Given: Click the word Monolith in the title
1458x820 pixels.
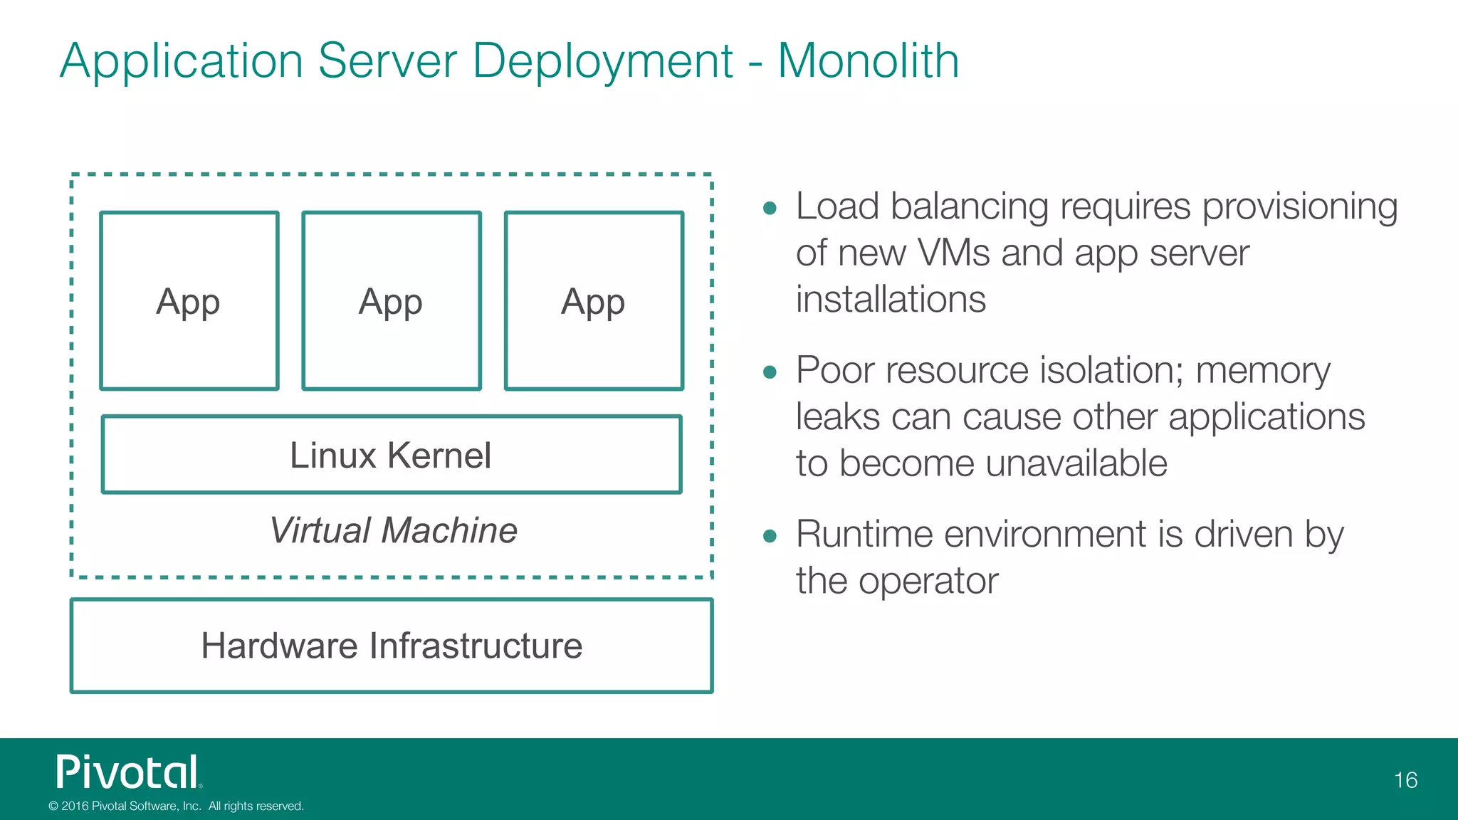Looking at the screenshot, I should [x=868, y=61].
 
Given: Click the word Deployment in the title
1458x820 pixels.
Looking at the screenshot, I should [x=602, y=61].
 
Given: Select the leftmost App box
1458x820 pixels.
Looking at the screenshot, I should [x=189, y=301].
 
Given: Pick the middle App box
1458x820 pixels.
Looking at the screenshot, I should [x=392, y=301].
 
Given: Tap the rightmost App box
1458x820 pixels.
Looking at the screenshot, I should [x=594, y=301].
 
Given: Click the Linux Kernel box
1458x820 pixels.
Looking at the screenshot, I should [x=392, y=455].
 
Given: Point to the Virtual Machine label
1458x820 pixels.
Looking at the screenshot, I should [x=393, y=531].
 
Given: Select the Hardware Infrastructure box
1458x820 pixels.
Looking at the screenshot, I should [x=392, y=646].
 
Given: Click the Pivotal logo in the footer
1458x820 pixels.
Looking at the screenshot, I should [x=129, y=772].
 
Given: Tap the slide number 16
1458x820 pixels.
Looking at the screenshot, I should [x=1405, y=780].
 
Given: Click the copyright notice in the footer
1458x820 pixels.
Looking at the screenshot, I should [x=176, y=806].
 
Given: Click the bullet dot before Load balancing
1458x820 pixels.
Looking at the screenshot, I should [x=769, y=209].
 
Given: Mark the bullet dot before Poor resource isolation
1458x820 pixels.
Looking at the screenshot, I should [x=769, y=372].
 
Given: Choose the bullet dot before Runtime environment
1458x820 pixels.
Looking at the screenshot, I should [x=769, y=536].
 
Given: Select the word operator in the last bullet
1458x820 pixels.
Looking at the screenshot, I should [x=928, y=582].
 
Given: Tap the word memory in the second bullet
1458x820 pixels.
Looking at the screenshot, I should [x=1262, y=371].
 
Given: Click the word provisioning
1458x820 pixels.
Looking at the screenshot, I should [x=1300, y=207].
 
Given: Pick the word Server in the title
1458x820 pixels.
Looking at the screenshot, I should [x=387, y=61].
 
